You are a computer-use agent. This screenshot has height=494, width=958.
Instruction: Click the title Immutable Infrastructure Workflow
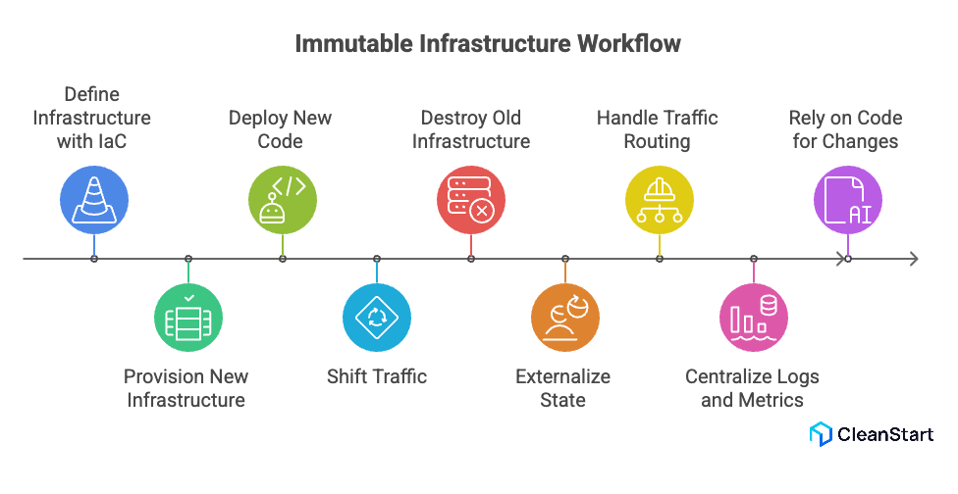[x=488, y=44]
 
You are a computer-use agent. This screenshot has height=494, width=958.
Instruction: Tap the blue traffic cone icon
[x=94, y=200]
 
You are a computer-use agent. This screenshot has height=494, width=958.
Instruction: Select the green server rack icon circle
[x=188, y=318]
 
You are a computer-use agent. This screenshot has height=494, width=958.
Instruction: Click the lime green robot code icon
[x=283, y=200]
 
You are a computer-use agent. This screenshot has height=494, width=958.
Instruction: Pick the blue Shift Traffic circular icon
[x=377, y=318]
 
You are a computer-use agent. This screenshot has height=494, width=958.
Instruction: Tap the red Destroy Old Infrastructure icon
[x=471, y=200]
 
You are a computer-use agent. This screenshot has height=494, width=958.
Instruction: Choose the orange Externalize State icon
[x=565, y=318]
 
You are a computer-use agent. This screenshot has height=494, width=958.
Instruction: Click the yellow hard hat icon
[x=660, y=200]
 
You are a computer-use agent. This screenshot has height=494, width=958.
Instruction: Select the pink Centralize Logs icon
[x=754, y=318]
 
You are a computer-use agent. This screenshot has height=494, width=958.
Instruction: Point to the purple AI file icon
[x=848, y=200]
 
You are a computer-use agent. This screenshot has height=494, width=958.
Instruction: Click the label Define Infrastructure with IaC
[x=92, y=118]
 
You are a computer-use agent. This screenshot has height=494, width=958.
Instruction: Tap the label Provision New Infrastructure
[x=186, y=388]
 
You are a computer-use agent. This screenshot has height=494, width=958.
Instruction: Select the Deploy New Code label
[x=281, y=129]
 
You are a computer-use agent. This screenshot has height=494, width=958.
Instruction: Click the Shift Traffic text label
[x=377, y=376]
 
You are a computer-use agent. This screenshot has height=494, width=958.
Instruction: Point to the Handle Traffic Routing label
[x=658, y=129]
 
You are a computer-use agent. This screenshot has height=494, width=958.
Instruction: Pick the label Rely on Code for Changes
[x=845, y=129]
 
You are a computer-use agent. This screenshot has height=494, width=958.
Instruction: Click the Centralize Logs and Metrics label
[x=752, y=388]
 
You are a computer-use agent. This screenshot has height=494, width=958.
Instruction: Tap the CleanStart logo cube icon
[x=821, y=434]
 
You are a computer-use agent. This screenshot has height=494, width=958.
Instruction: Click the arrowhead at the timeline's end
[x=913, y=259]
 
